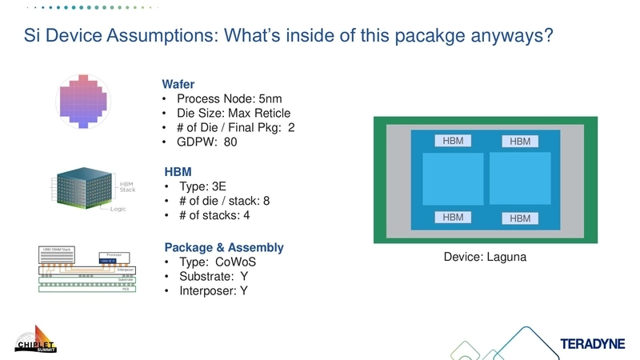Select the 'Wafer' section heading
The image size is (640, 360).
point(178,83)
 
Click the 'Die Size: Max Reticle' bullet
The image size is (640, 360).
point(234,113)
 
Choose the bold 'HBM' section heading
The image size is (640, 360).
point(177,171)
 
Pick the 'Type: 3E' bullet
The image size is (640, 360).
point(204,186)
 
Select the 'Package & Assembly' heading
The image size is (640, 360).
point(223,247)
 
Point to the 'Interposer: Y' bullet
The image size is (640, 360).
point(212,291)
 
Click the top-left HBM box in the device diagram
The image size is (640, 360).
point(453,141)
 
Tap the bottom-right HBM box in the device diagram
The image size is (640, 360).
point(520,218)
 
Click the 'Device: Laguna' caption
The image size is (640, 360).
point(486,258)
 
